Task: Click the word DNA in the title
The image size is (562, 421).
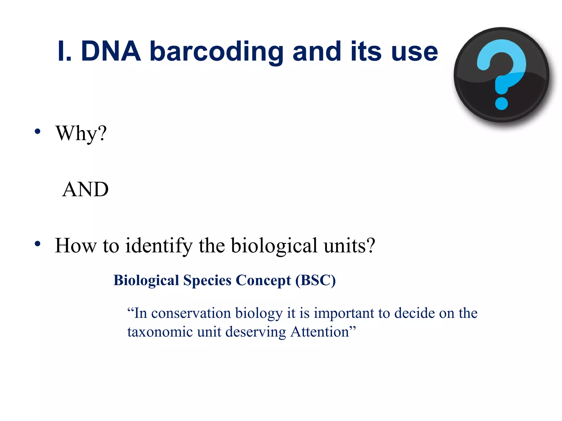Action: pyautogui.click(x=111, y=51)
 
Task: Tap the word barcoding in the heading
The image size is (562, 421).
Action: pyautogui.click(x=217, y=52)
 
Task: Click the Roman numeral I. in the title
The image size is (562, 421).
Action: pyautogui.click(x=64, y=51)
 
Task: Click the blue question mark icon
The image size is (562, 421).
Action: pyautogui.click(x=502, y=75)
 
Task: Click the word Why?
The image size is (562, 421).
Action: pyautogui.click(x=81, y=133)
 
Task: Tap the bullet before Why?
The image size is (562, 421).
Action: pyautogui.click(x=38, y=132)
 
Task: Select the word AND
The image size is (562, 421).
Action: pyautogui.click(x=85, y=189)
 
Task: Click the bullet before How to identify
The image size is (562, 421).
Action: pyautogui.click(x=38, y=244)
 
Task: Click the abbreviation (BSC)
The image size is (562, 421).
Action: pyautogui.click(x=315, y=280)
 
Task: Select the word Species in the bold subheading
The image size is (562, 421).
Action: pyautogui.click(x=207, y=280)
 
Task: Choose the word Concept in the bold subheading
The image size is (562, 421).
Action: pyautogui.click(x=263, y=280)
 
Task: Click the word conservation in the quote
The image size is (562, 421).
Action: pyautogui.click(x=191, y=313)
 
